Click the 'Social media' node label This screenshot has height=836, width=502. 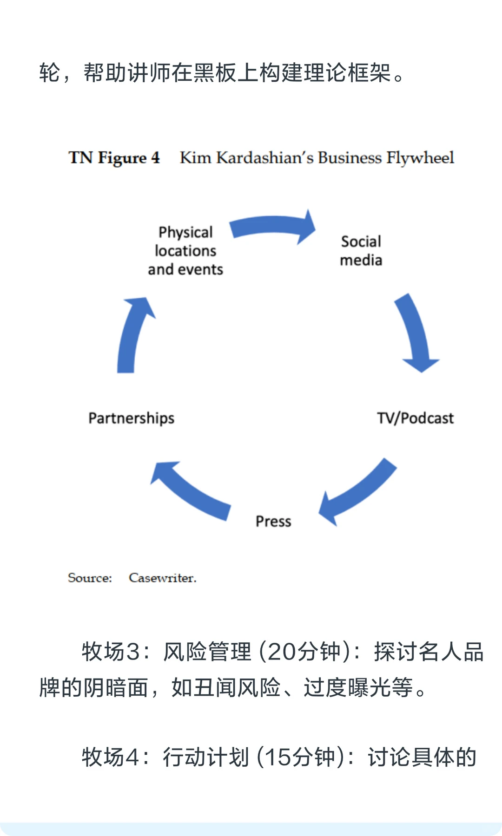pos(361,251)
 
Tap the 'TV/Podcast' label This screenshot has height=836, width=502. pos(415,418)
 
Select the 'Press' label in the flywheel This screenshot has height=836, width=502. pos(273,521)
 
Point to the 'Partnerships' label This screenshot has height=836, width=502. pos(132,418)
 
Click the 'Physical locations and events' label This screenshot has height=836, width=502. pos(185,251)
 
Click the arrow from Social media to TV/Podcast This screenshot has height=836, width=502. pos(416,332)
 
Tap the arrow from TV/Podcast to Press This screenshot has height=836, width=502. pos(358,492)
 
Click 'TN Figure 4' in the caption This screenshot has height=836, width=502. pos(114,158)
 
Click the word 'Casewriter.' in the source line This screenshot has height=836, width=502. pos(163,578)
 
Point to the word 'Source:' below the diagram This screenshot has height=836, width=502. pos(90,578)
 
